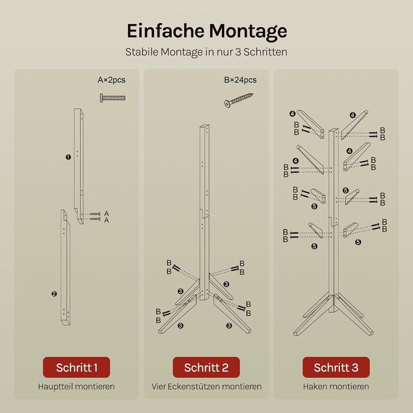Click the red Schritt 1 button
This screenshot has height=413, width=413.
tap(76, 367)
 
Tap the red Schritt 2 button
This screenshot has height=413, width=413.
tap(206, 367)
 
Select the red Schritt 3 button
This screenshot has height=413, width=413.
tap(336, 367)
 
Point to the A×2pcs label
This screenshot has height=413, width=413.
tap(112, 80)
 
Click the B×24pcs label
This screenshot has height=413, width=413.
tap(240, 80)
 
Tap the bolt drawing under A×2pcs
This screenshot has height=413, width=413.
tap(113, 98)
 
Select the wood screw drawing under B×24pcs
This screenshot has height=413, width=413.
tap(238, 100)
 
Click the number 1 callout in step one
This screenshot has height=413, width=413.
tap(68, 158)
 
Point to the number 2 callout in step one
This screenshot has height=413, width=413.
tap(54, 294)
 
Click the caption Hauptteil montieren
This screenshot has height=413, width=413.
tap(76, 386)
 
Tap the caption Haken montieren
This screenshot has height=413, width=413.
tap(336, 386)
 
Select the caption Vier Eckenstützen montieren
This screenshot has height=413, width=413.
tap(206, 386)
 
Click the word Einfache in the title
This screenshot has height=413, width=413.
tap(166, 31)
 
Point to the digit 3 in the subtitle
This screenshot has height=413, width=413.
tap(238, 52)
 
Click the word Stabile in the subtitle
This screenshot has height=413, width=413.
tap(142, 52)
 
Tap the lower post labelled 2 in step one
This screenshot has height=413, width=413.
tap(65, 268)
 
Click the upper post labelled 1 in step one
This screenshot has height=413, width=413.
tap(78, 166)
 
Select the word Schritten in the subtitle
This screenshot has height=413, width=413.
tap(265, 52)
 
